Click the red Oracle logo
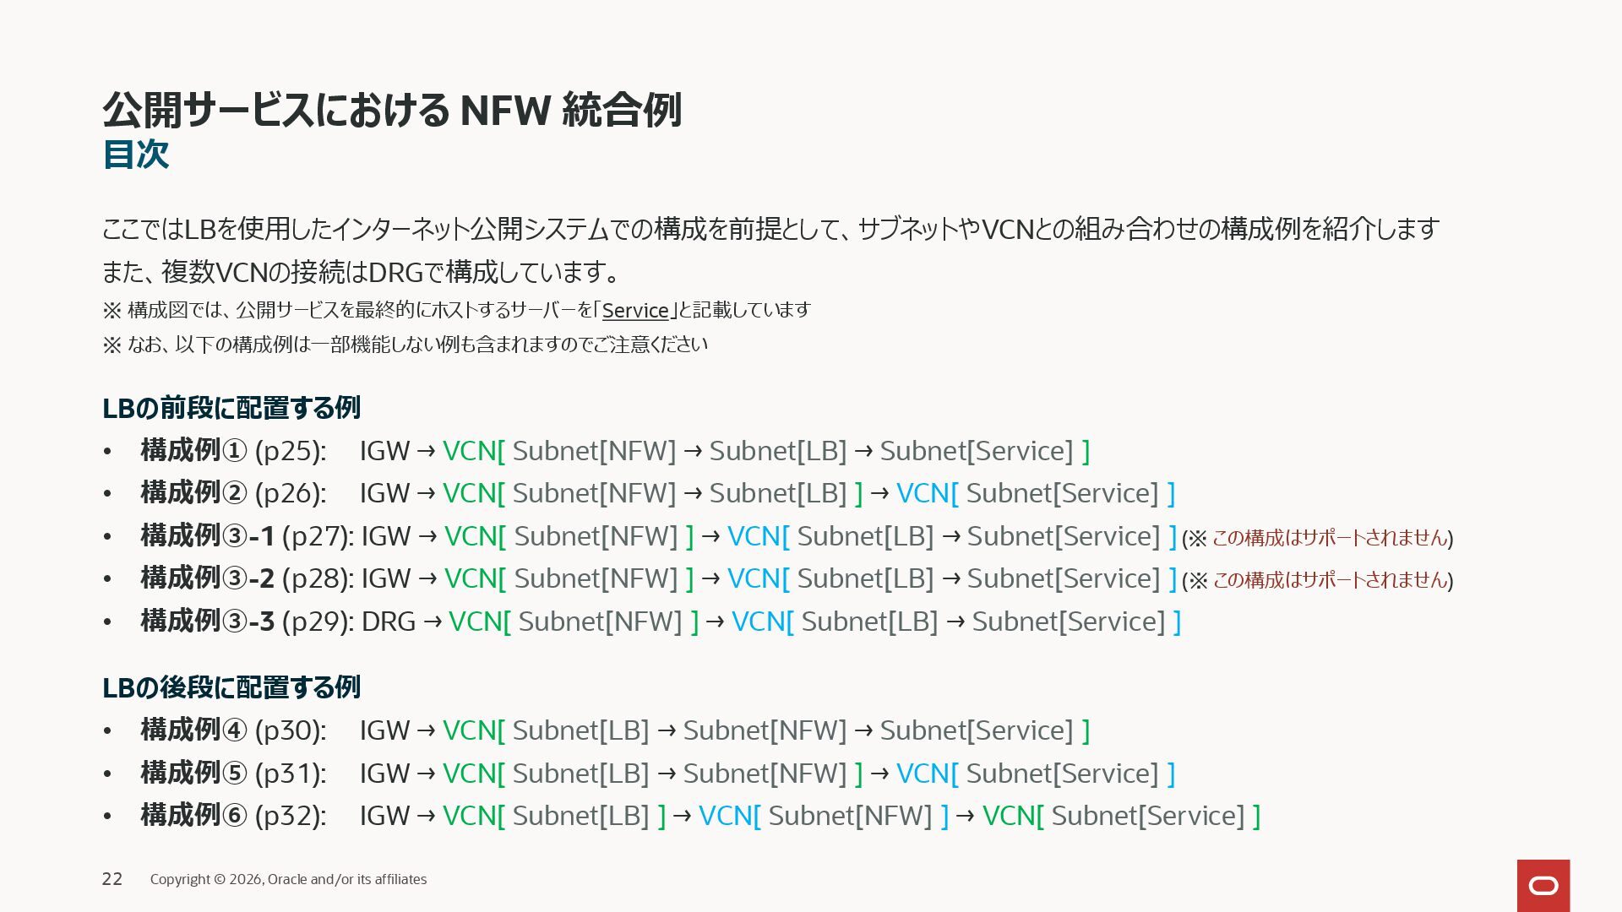pos(1543,885)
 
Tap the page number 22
pos(112,879)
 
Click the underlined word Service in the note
pos(634,311)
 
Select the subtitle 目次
pos(136,155)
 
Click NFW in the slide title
pos(505,111)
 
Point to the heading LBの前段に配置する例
pos(231,408)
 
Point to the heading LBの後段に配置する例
pos(231,687)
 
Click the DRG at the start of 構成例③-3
pos(388,622)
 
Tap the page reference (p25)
pos(290,451)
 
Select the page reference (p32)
pos(290,816)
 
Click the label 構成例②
pos(193,493)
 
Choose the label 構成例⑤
pos(193,774)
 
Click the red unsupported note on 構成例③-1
pos(1329,538)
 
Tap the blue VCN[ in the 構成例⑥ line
pos(729,816)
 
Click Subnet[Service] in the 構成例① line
pos(977,451)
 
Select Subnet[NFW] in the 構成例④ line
pos(765,730)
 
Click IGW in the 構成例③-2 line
pos(386,578)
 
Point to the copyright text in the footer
pos(288,879)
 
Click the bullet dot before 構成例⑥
pos(107,817)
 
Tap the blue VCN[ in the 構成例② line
pos(927,493)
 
